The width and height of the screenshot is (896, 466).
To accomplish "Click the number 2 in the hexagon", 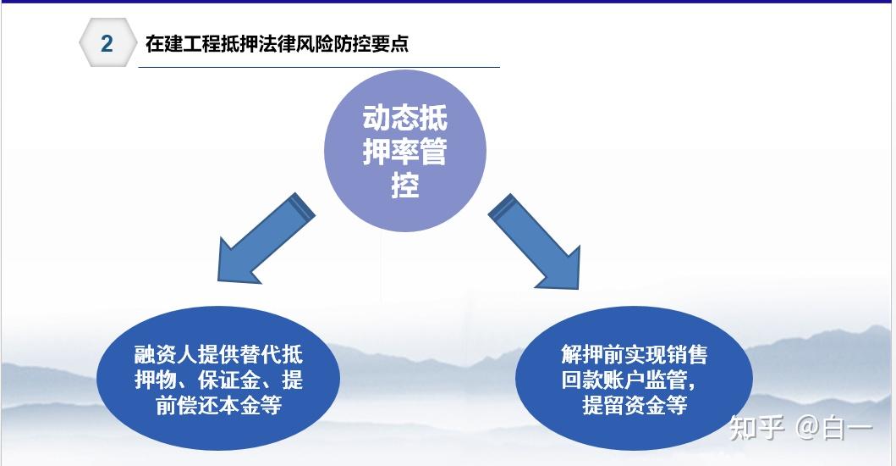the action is click(x=107, y=43).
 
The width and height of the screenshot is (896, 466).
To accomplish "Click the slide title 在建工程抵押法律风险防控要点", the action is click(x=278, y=44).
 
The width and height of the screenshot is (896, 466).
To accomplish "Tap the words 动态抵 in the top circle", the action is click(x=404, y=118).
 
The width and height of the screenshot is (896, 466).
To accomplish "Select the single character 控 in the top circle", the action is click(x=405, y=185).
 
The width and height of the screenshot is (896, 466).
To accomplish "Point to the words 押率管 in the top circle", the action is click(x=404, y=152).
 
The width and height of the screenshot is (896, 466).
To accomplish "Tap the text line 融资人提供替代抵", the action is click(x=218, y=355).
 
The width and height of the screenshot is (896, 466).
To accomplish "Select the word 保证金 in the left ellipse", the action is click(x=228, y=380).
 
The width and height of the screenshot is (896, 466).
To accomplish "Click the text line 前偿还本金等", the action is click(x=218, y=405).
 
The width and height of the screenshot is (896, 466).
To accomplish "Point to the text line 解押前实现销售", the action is click(x=635, y=355).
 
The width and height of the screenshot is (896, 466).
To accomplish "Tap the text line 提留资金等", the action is click(x=635, y=405).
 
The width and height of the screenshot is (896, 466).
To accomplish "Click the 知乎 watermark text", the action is click(x=756, y=428).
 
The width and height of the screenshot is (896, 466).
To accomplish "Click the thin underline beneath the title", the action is click(x=319, y=67).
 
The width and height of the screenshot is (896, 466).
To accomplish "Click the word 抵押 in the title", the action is click(x=239, y=44).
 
